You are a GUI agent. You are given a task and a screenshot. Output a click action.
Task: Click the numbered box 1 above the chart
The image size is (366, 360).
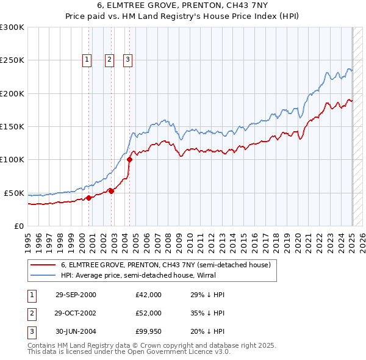point(87,60)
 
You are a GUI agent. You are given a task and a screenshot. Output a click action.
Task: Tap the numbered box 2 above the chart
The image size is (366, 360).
point(109,60)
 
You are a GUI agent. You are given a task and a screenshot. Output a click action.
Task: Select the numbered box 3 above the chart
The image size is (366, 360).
point(127,60)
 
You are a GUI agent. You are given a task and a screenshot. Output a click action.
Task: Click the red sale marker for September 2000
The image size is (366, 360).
point(88,198)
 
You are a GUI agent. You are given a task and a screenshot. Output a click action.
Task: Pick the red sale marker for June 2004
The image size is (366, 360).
point(129,160)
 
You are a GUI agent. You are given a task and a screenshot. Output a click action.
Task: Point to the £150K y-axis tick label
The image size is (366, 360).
point(13,126)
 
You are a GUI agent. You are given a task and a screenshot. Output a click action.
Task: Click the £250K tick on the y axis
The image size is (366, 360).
point(13,60)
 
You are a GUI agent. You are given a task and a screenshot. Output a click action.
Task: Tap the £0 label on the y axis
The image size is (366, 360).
point(19,226)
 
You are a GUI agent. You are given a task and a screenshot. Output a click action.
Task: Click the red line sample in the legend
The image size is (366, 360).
point(43,265)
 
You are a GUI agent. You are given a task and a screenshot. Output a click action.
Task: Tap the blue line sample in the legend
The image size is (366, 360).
point(43,275)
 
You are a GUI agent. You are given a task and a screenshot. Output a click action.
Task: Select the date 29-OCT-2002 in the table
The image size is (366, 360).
point(76,312)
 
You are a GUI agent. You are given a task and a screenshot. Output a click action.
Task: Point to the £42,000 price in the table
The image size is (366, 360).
point(149,295)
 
